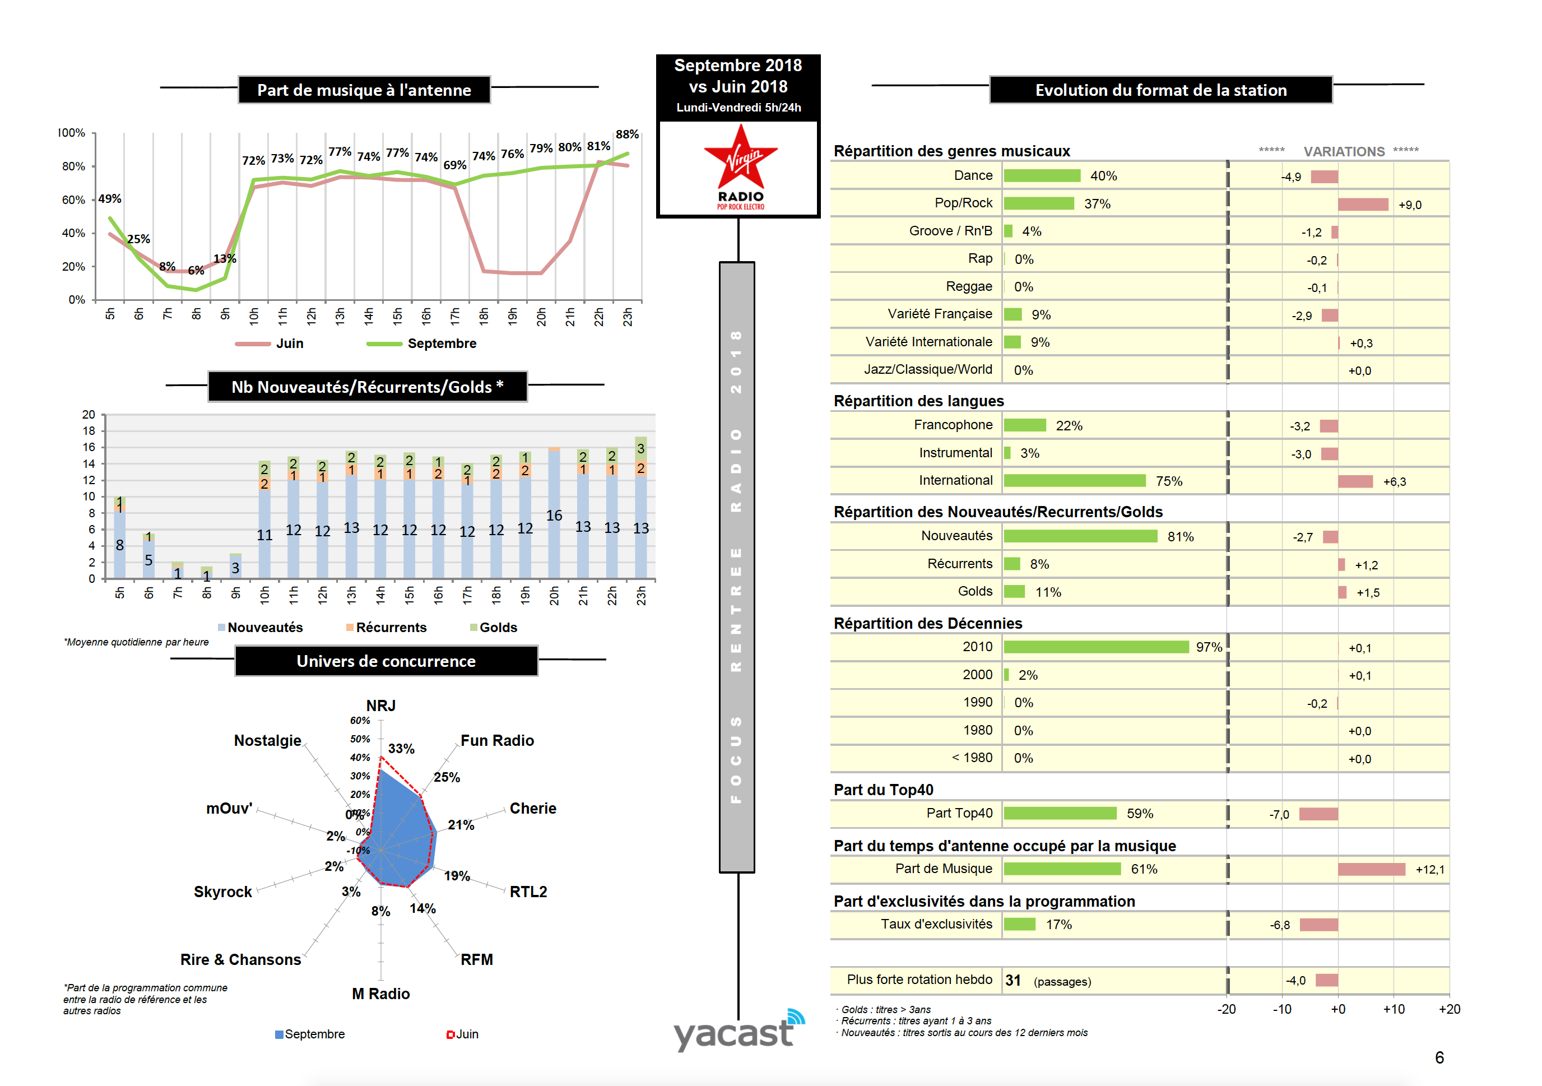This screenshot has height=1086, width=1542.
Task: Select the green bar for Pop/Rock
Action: coord(1038,203)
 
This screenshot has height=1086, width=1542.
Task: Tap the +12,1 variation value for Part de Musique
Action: coord(1430,870)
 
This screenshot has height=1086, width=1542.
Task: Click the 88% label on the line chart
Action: coord(626,134)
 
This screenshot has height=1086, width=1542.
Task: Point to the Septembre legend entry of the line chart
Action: coord(441,343)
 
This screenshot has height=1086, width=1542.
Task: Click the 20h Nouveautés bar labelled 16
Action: coord(554,514)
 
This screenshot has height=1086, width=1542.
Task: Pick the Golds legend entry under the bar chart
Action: coord(497,627)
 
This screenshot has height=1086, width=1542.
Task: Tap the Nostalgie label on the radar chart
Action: coord(267,740)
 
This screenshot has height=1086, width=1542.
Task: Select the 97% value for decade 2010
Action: coord(1209,647)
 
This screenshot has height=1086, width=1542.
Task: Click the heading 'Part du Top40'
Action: coord(883,790)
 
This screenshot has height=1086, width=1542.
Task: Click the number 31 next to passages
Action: coord(1012,981)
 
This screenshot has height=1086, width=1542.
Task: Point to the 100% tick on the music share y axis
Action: coord(72,133)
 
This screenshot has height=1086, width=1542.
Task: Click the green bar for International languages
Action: coord(1075,481)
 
